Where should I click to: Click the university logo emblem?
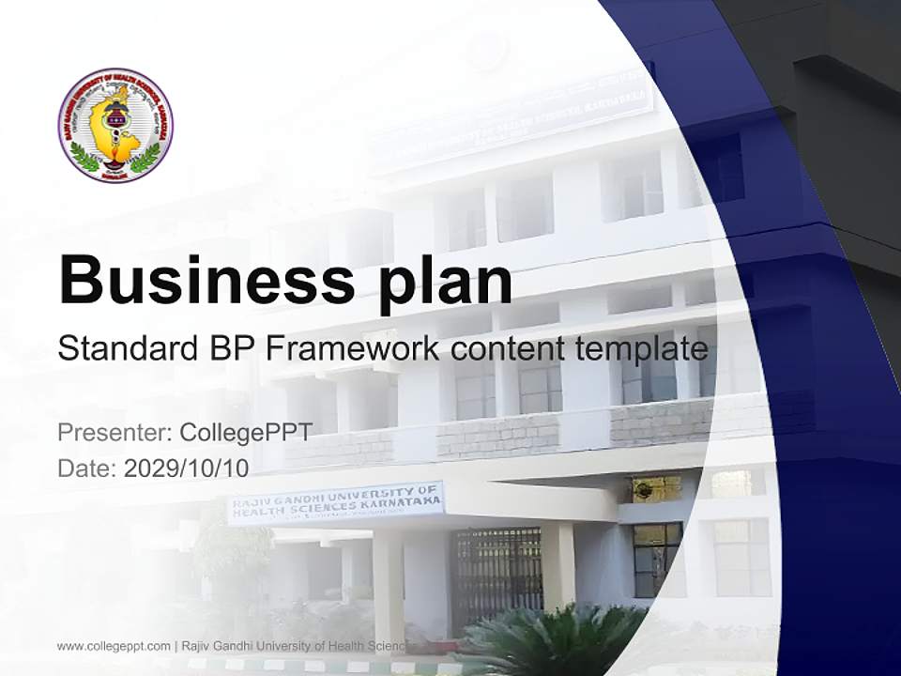click(x=115, y=125)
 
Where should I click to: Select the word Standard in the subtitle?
click(x=124, y=349)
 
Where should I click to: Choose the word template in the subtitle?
click(x=641, y=349)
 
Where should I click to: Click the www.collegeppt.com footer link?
click(x=114, y=646)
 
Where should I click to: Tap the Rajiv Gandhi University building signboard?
click(x=336, y=503)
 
